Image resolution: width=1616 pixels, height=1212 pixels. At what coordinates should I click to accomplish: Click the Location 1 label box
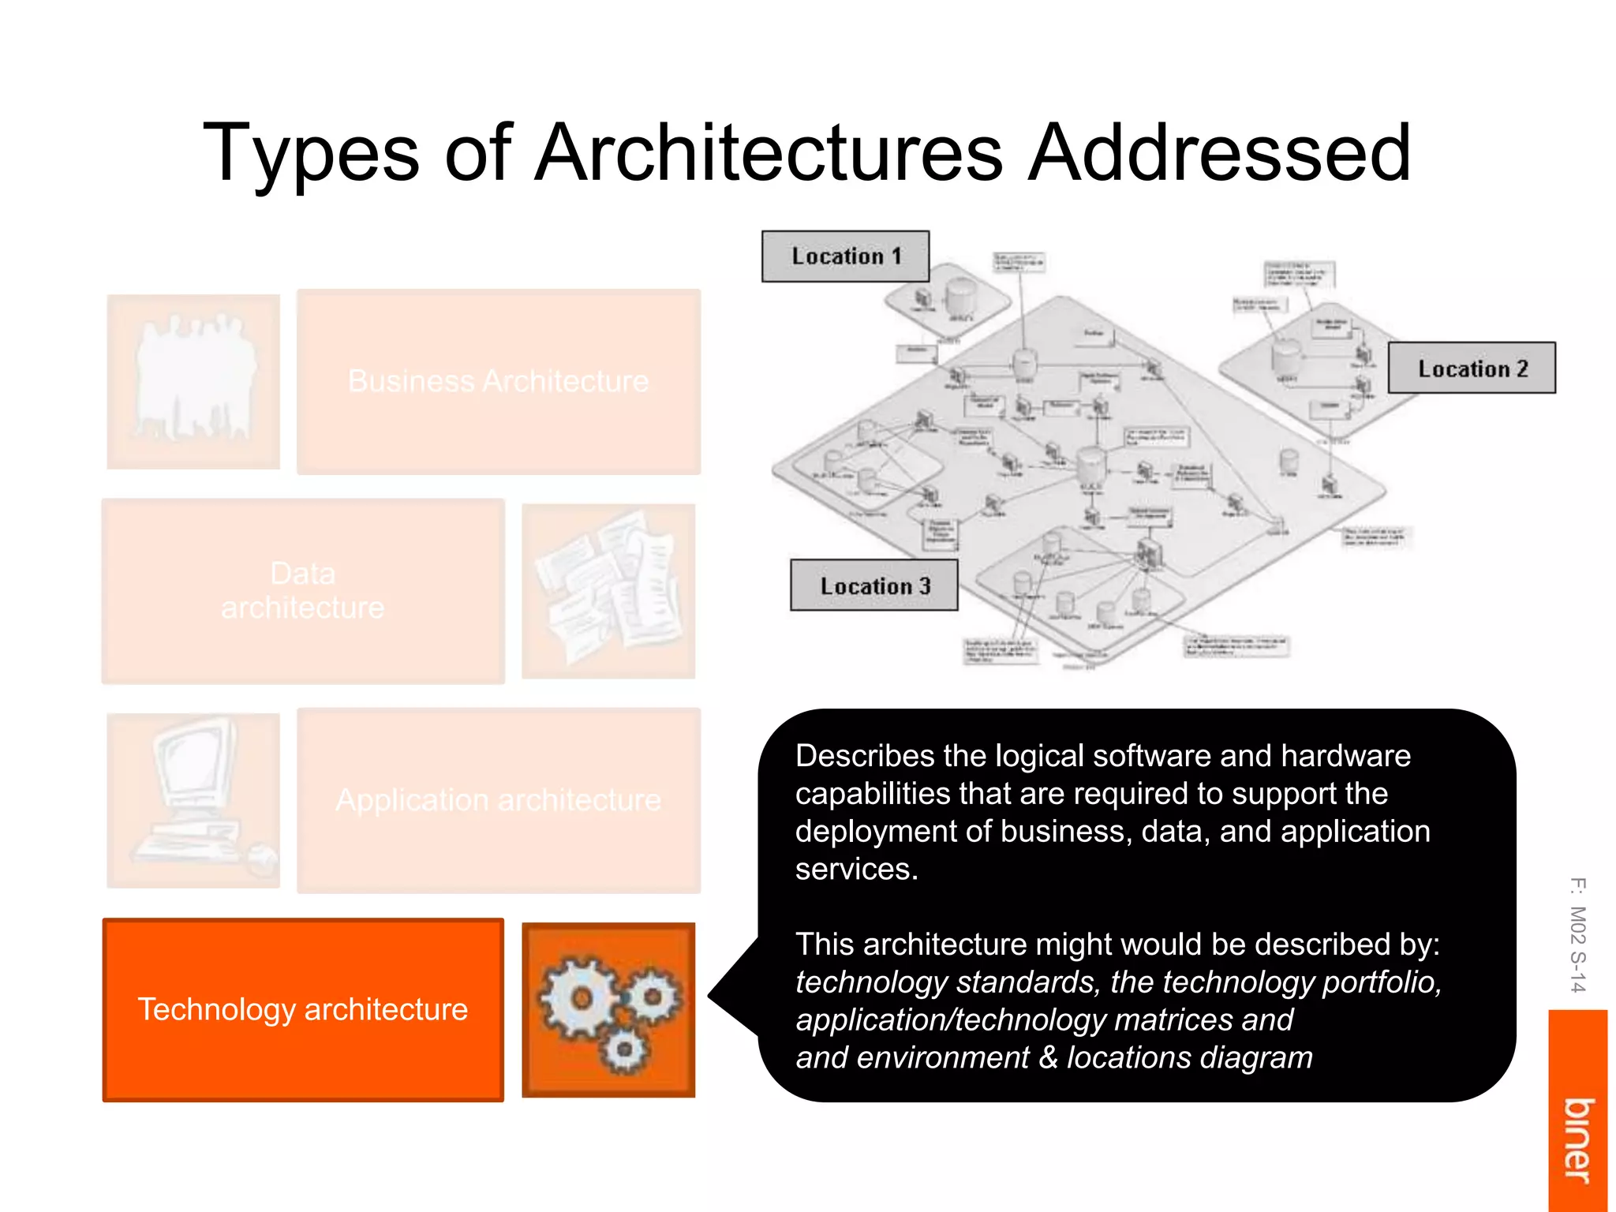[845, 256]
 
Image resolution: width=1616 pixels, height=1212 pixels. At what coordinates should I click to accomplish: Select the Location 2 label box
[1472, 368]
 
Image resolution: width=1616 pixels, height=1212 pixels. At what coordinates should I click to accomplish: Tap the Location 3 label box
[874, 585]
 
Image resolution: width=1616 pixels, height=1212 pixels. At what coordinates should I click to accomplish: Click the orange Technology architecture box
[303, 1009]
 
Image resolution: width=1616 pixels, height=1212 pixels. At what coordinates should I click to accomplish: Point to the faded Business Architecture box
[499, 381]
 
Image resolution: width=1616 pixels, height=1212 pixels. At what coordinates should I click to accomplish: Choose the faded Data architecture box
[303, 590]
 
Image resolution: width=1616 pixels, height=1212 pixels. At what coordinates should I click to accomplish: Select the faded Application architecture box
[499, 800]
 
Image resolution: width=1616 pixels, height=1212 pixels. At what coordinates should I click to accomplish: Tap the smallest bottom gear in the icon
[623, 1050]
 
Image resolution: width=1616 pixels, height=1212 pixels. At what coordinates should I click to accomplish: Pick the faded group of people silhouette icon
[194, 381]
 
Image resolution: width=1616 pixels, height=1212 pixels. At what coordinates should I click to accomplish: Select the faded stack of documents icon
[608, 590]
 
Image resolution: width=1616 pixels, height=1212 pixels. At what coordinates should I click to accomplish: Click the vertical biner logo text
[1577, 1140]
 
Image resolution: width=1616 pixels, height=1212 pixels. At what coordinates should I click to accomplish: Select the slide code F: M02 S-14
[1577, 934]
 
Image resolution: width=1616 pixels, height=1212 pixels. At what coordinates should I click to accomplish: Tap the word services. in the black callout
[857, 869]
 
